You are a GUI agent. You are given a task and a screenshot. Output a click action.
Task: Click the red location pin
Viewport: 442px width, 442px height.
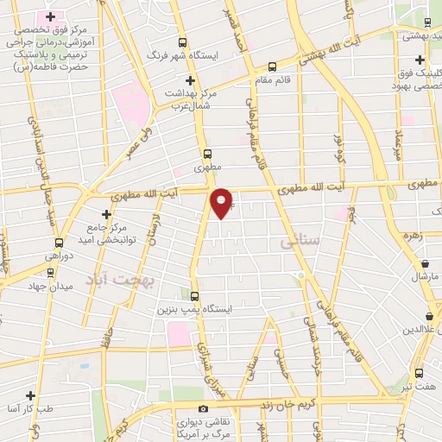click(222, 202)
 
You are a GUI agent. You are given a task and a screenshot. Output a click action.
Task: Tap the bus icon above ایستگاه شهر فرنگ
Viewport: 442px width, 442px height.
click(181, 42)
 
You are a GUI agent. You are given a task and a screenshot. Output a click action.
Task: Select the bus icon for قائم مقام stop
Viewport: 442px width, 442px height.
click(273, 66)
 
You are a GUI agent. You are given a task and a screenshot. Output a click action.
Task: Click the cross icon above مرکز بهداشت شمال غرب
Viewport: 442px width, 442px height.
click(191, 80)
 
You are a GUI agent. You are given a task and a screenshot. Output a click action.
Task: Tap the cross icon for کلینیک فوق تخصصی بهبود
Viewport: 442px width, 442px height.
click(419, 60)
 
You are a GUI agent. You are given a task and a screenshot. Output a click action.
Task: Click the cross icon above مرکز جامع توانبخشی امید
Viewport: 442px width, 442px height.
click(106, 214)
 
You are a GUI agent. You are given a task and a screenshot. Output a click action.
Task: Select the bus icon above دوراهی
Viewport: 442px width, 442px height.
click(59, 243)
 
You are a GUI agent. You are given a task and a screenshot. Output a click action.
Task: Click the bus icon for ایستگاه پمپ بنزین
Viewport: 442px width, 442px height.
click(195, 294)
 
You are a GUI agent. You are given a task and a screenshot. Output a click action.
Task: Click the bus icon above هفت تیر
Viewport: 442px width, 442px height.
click(419, 373)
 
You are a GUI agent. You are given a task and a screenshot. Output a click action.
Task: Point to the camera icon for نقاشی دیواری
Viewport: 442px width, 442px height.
click(203, 408)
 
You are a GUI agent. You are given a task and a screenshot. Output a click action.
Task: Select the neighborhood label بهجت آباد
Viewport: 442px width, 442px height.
click(111, 279)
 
